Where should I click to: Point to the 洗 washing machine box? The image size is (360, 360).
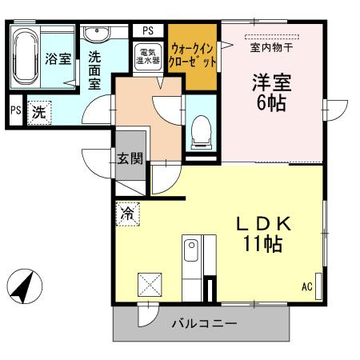38,113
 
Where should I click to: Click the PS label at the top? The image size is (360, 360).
147,30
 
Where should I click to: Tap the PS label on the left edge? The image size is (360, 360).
15,111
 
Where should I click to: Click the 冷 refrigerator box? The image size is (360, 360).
127,214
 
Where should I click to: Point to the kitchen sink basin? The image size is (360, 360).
191,255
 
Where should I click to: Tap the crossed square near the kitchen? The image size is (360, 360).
150,285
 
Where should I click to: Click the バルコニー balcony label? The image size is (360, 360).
204,324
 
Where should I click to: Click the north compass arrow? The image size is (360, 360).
24,285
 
